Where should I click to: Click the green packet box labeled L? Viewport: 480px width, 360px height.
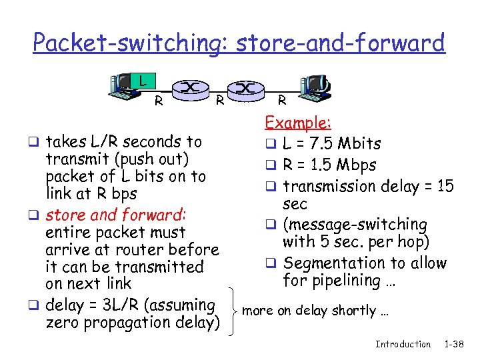pyautogui.click(x=141, y=82)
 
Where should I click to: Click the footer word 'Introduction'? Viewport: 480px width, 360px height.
pyautogui.click(x=403, y=344)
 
